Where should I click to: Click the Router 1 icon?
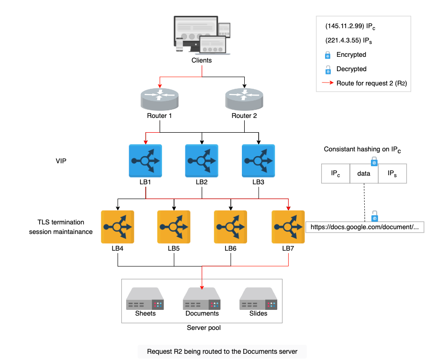160,99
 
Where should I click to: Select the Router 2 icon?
244,99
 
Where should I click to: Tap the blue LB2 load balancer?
202,161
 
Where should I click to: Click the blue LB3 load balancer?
258,161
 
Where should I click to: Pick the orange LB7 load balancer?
288,227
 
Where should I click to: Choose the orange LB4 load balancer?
118,227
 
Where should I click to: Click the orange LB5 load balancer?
174,227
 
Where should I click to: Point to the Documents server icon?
202,299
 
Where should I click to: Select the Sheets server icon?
145,299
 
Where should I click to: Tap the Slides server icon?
258,299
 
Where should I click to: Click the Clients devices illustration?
202,35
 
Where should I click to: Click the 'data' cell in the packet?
364,173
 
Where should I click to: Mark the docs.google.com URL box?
365,227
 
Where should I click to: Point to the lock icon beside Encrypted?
328,55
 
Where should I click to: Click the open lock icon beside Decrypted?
328,69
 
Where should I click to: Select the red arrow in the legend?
327,83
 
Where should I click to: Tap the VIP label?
61,161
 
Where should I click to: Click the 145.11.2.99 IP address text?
345,26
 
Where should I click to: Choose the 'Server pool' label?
204,328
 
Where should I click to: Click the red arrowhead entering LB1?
146,142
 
